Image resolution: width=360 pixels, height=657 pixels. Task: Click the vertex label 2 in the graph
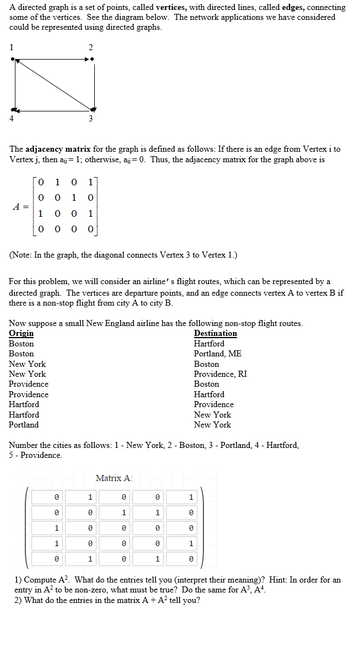tap(92, 47)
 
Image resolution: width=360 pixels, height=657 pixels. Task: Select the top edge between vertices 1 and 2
tap(52, 59)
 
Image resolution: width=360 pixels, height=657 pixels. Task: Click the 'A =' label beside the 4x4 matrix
tap(21, 207)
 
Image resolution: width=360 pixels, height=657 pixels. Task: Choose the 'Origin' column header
tap(21, 333)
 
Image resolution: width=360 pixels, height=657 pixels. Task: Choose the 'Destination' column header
tap(215, 333)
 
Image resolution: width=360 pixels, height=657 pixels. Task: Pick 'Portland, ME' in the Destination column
tap(217, 354)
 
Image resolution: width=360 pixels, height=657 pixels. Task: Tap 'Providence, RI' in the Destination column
tap(220, 374)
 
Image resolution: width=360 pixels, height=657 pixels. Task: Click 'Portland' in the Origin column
tap(24, 425)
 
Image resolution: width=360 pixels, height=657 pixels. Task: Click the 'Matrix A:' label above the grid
tap(114, 478)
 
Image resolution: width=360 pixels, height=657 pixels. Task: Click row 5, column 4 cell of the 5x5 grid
tap(157, 559)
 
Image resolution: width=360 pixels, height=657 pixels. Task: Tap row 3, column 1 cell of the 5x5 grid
tap(56, 528)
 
